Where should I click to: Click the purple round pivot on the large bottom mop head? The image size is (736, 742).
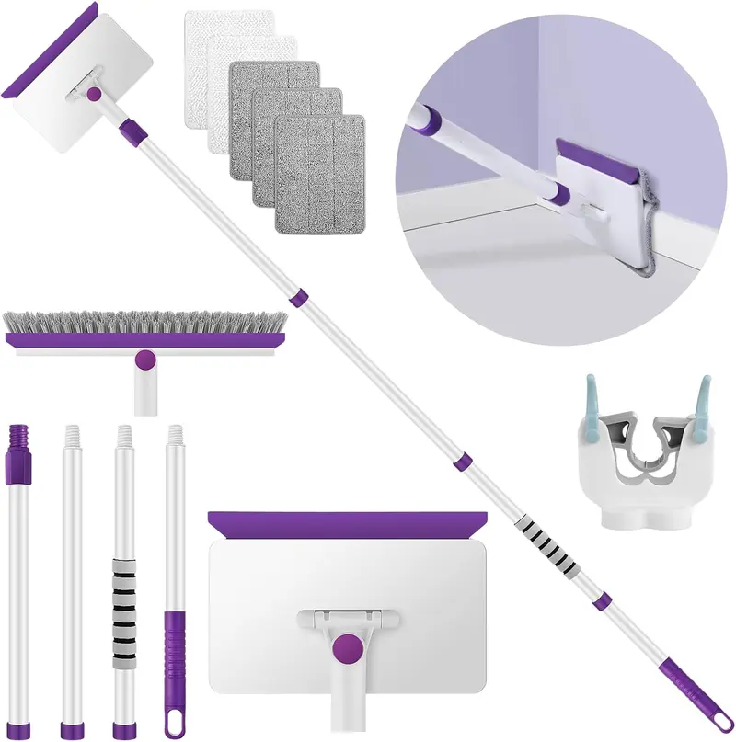click(346, 647)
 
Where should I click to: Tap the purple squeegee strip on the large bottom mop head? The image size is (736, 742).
click(347, 526)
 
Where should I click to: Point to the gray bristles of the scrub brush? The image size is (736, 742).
click(145, 322)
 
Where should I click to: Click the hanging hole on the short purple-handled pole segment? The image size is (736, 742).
click(172, 724)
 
